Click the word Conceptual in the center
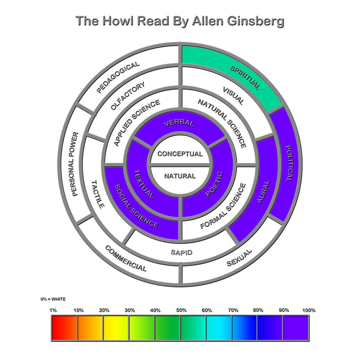click(x=180, y=154)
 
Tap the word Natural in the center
click(x=180, y=176)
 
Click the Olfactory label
click(x=128, y=96)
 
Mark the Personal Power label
click(x=76, y=164)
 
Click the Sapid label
click(x=182, y=252)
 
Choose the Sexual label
click(x=239, y=258)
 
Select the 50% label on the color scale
click(x=181, y=310)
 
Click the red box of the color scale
click(x=64, y=328)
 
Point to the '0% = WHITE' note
click(x=53, y=299)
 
